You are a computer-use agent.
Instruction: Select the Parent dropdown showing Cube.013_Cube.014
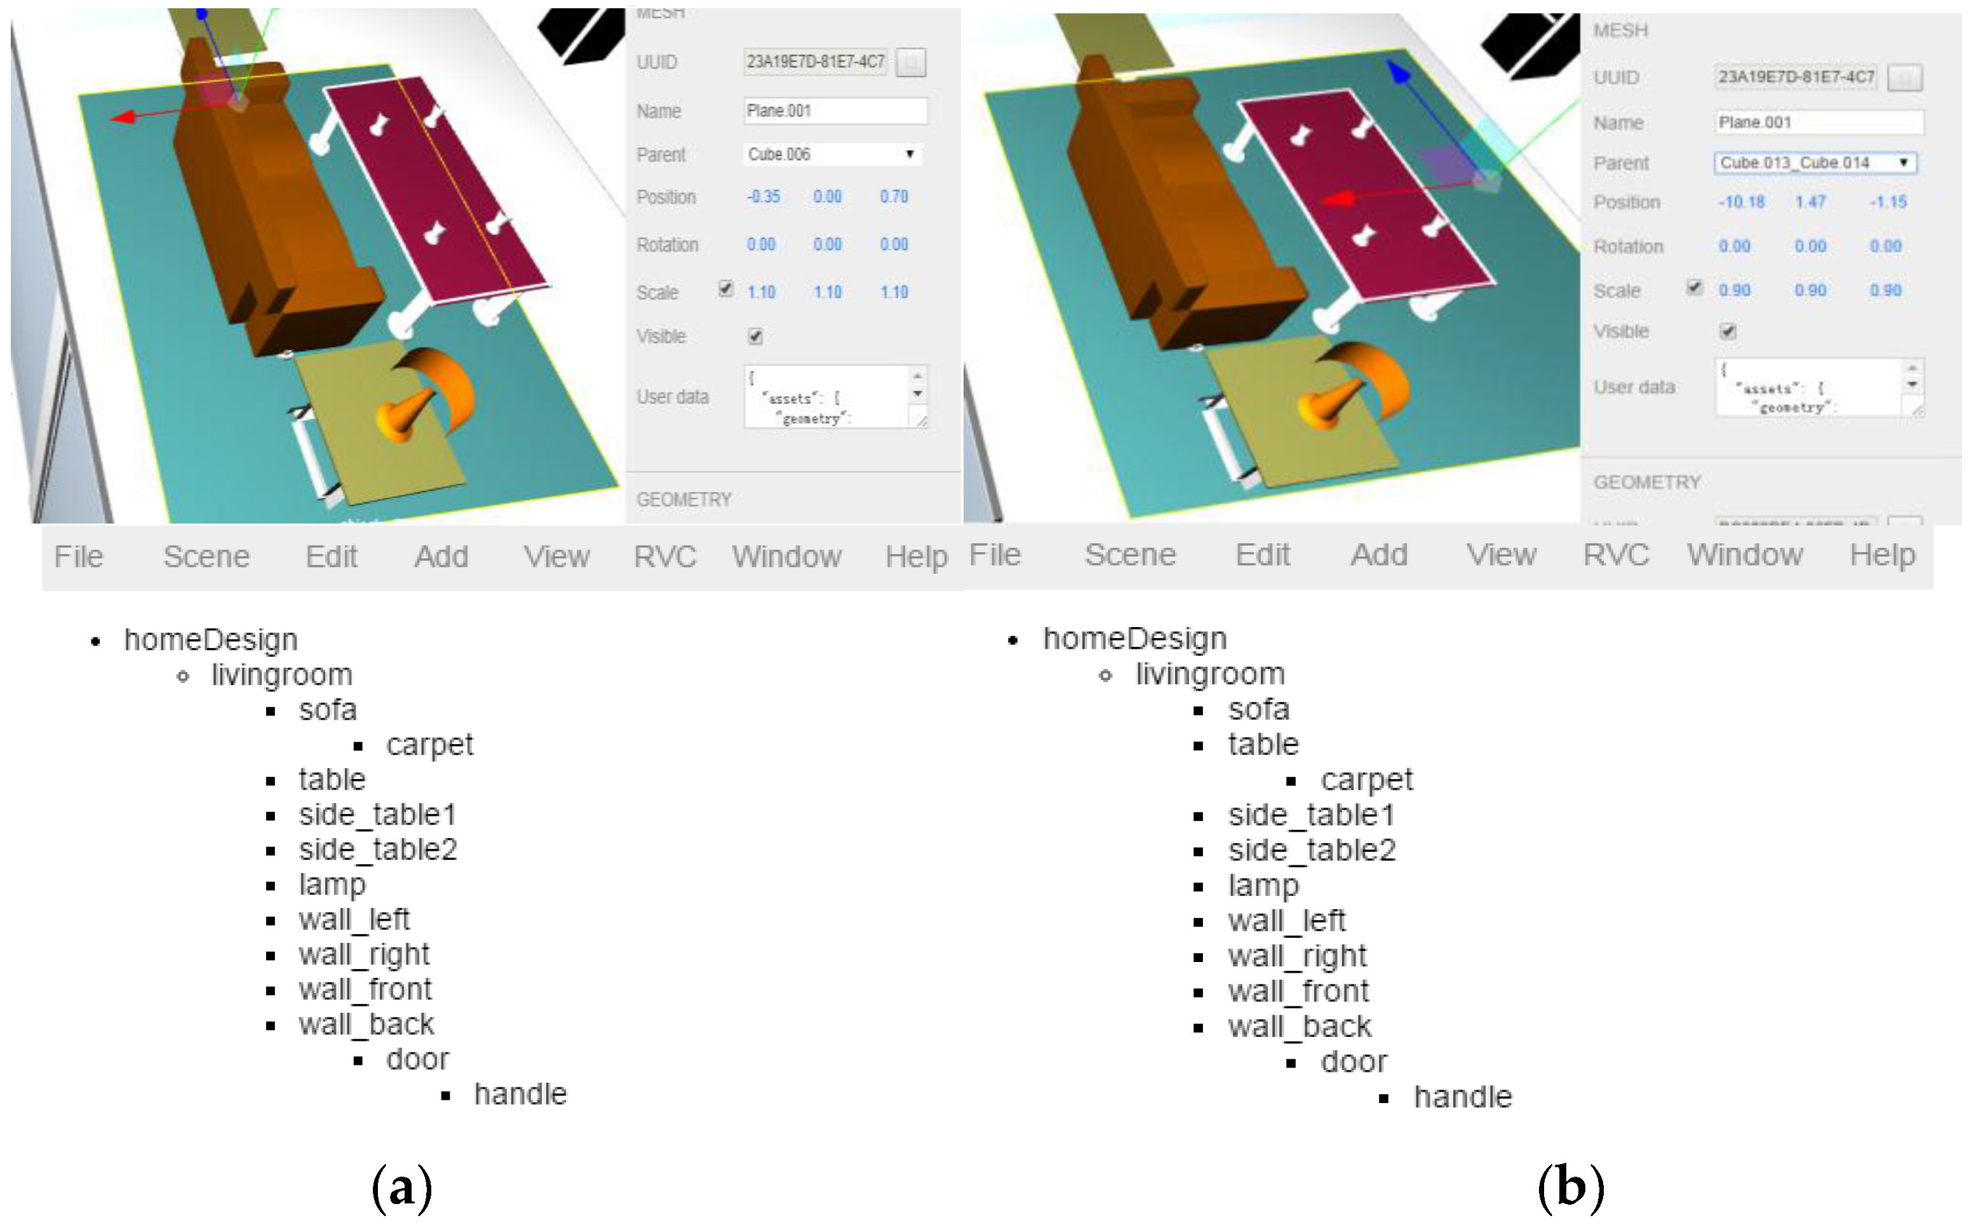(x=1814, y=163)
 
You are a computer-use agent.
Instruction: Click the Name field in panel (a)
(x=834, y=111)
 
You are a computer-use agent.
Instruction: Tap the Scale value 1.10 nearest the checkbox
(x=761, y=292)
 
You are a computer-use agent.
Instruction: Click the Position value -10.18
(x=1741, y=202)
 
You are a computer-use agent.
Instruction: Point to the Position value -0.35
(x=763, y=197)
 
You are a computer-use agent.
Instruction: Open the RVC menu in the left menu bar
(x=665, y=557)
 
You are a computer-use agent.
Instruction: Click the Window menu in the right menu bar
(x=1744, y=555)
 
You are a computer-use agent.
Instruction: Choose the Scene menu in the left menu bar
(x=206, y=557)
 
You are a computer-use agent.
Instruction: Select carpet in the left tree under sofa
(x=429, y=745)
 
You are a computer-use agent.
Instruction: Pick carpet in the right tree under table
(x=1366, y=780)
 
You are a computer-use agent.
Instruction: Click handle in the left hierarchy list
(x=520, y=1093)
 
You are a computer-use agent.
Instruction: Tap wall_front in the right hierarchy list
(x=1298, y=991)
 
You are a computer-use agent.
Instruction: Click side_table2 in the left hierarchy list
(x=377, y=849)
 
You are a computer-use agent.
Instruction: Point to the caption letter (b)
(x=1569, y=1188)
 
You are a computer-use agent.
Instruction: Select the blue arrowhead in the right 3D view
(x=1399, y=71)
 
